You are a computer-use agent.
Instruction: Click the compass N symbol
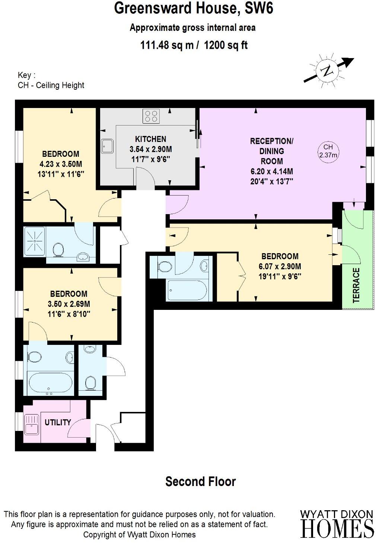click(327, 70)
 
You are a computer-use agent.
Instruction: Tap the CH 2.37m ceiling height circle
click(328, 151)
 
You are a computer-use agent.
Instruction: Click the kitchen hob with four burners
click(151, 116)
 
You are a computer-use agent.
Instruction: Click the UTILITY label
click(58, 422)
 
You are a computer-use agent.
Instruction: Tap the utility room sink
click(32, 425)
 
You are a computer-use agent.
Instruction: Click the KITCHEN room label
click(150, 139)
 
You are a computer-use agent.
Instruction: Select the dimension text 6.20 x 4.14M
click(271, 171)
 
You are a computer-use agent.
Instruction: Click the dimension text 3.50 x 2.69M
click(68, 304)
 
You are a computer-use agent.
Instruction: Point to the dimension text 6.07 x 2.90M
click(280, 266)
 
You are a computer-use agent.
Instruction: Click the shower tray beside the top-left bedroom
click(34, 241)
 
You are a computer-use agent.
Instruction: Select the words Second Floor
click(200, 482)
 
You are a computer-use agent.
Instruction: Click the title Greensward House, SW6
click(194, 8)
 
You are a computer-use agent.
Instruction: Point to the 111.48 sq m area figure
click(167, 45)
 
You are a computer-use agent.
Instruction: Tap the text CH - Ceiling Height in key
click(51, 85)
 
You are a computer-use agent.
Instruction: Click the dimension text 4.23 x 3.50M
click(60, 164)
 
